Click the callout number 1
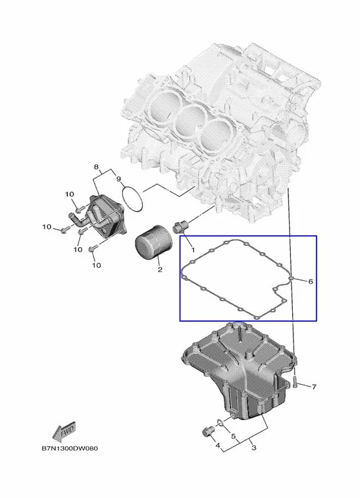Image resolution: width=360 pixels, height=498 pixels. tap(192, 250)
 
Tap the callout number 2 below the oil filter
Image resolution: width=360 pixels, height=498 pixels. tap(160, 270)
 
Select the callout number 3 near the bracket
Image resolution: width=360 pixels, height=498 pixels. tap(253, 448)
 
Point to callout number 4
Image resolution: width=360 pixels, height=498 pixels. tap(217, 446)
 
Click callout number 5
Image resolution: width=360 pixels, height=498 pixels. tap(233, 436)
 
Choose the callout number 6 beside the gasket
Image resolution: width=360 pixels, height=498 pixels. tap(310, 281)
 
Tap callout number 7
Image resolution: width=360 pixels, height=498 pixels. tap(314, 387)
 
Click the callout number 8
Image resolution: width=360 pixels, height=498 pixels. tap(97, 167)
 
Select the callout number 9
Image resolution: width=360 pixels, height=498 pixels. tap(118, 179)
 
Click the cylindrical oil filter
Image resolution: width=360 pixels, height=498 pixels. tap(153, 242)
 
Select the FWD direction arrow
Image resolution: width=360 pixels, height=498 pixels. tap(64, 431)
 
